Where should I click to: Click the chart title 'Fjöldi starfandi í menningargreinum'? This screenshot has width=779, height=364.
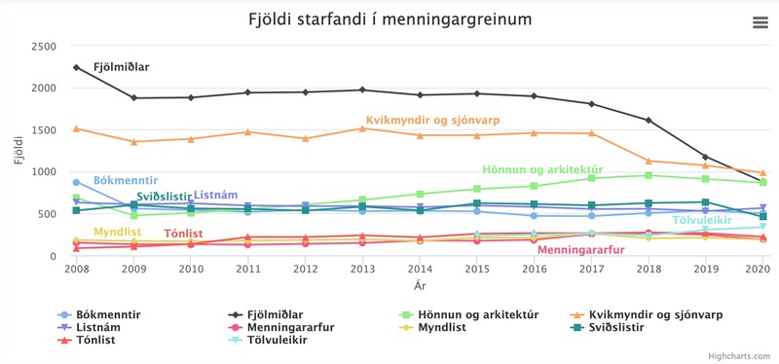[389, 19]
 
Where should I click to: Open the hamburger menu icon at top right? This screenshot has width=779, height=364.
[760, 23]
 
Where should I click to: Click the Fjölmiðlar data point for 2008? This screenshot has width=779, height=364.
[76, 67]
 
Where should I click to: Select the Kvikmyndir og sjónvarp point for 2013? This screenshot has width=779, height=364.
[362, 128]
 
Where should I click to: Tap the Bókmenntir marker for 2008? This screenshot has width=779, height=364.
[76, 182]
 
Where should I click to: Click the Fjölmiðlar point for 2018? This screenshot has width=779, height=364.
[649, 121]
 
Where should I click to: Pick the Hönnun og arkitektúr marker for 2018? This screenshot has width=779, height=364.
[649, 175]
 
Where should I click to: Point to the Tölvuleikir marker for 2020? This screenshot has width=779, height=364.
[762, 227]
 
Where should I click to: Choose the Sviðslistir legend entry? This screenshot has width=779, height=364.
[612, 328]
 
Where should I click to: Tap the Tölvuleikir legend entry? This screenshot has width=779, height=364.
[283, 341]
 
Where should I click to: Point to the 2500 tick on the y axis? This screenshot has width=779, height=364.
[43, 47]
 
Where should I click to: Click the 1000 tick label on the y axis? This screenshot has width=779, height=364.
[43, 172]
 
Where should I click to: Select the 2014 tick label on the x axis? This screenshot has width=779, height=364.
[420, 269]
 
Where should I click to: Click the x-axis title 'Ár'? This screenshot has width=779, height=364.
[420, 285]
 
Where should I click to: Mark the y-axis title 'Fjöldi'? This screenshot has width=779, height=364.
[19, 151]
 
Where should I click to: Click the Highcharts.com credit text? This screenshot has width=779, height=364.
[743, 357]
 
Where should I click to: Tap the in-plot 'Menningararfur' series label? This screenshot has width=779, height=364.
[580, 250]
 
